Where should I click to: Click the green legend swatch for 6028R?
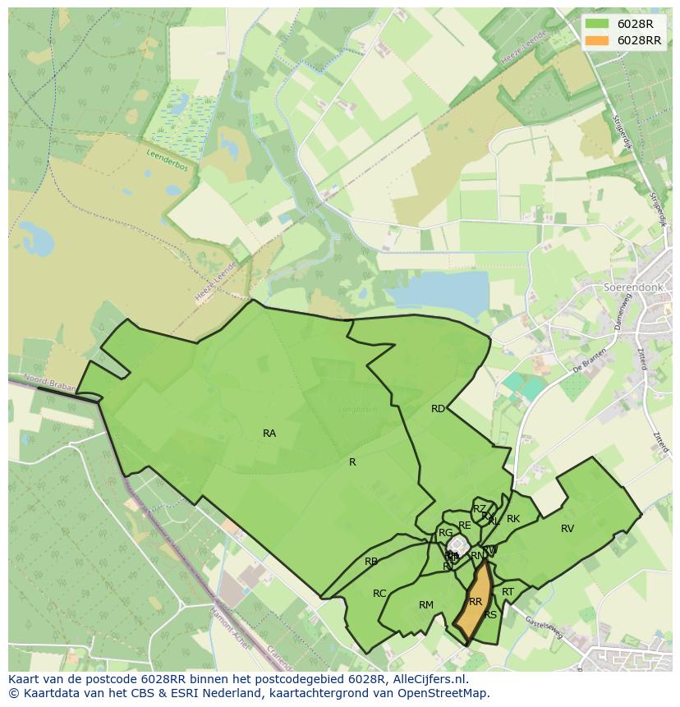tap(599, 25)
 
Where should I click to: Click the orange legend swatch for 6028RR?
tap(599, 40)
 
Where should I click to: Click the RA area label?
tap(269, 434)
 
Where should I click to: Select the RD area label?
tap(438, 409)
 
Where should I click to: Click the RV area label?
tap(567, 529)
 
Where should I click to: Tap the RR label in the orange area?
tap(475, 602)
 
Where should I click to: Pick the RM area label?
tap(425, 605)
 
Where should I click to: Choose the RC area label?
tap(379, 594)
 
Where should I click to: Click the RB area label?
tap(371, 562)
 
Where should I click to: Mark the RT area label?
tap(508, 592)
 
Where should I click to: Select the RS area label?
tap(490, 615)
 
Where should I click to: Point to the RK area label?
tap(513, 519)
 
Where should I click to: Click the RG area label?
tap(445, 533)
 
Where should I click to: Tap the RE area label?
tap(465, 526)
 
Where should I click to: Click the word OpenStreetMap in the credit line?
tap(442, 693)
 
